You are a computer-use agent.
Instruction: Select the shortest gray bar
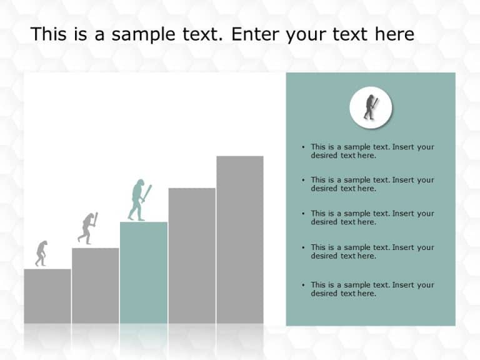47,296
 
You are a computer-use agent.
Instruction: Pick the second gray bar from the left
95,285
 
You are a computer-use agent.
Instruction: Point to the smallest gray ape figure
41,252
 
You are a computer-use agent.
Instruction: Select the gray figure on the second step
87,227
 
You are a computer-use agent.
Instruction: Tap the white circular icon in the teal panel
371,107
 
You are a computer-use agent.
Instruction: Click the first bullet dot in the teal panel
304,147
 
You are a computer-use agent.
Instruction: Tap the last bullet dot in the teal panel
304,285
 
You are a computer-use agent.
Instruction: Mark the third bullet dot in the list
304,214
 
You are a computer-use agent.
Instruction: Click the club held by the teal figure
148,192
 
